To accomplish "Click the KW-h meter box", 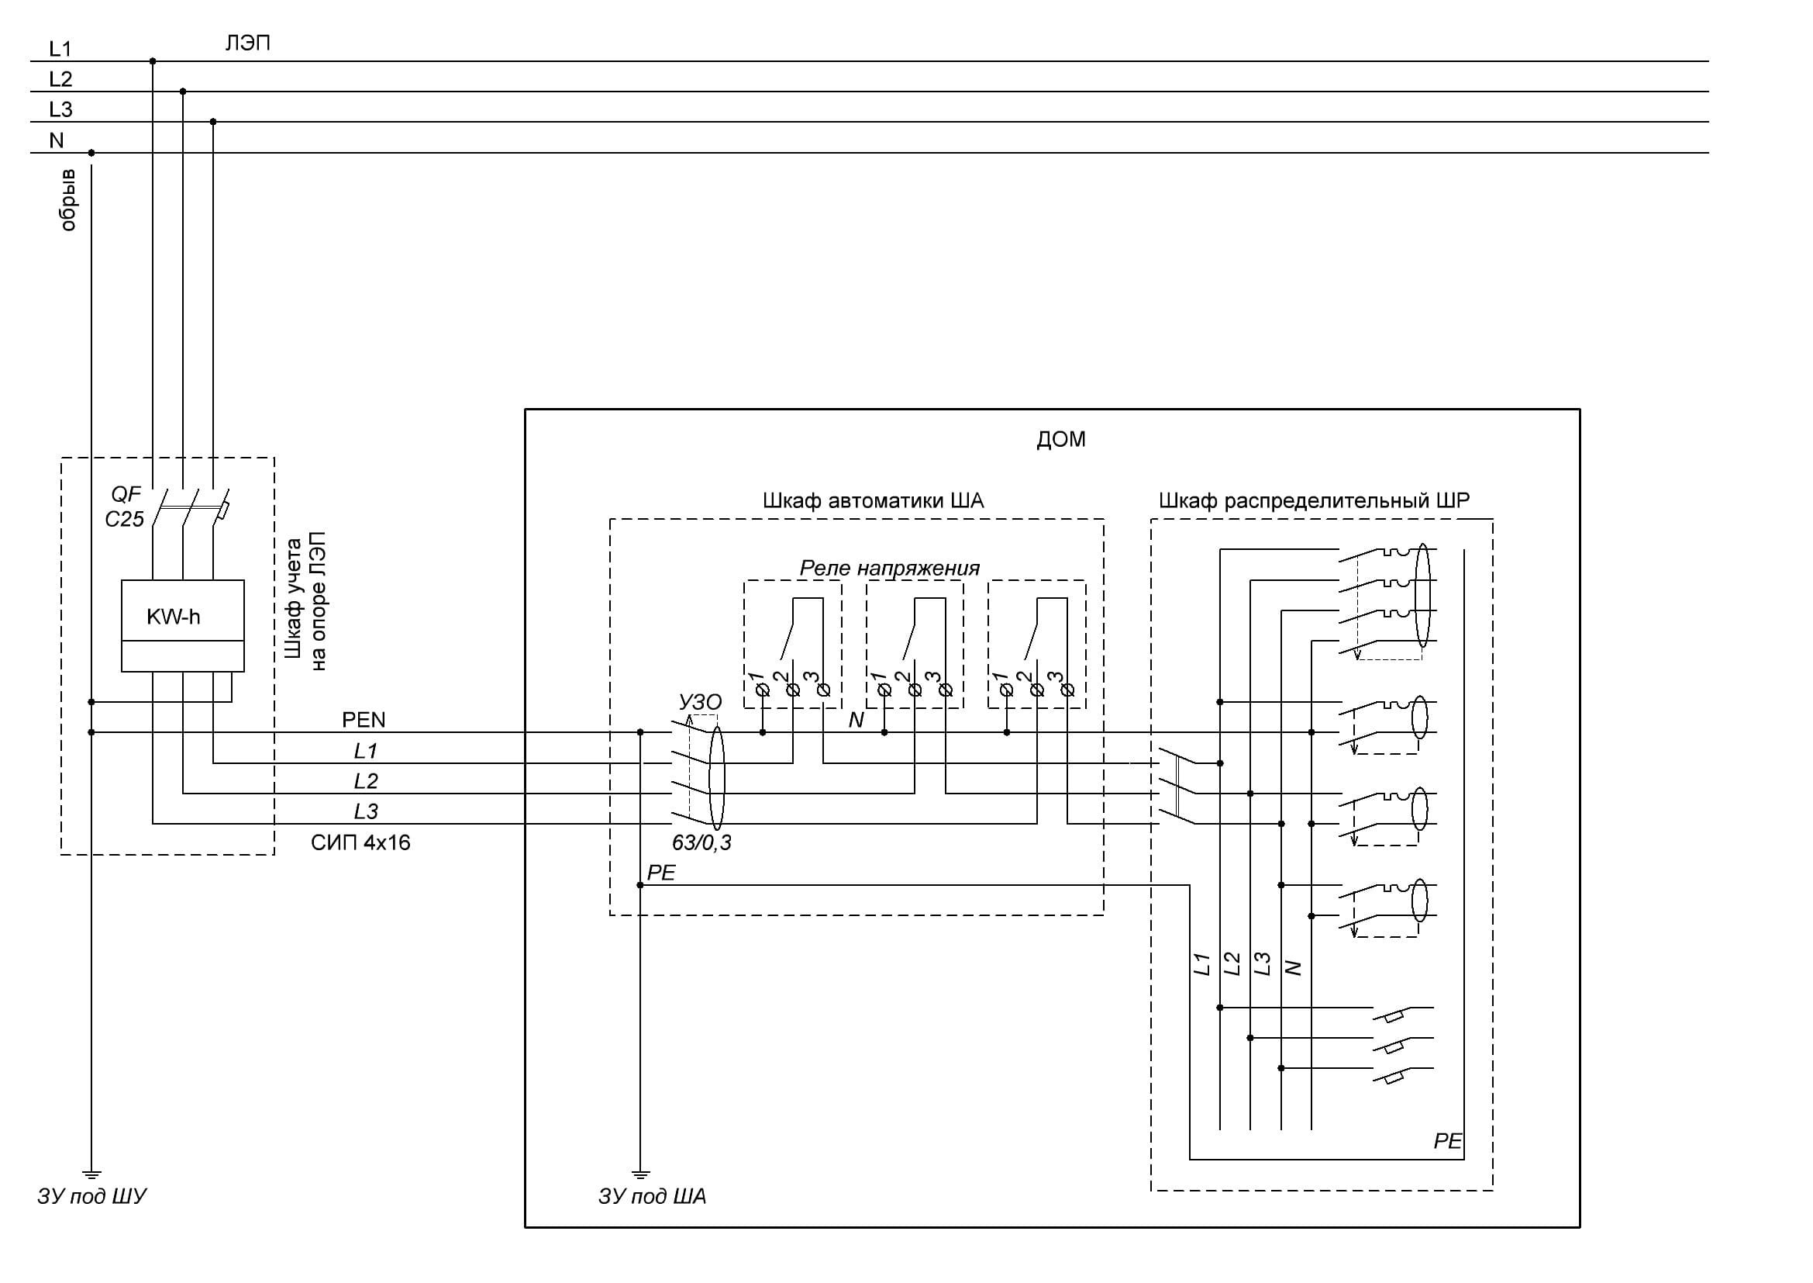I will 182,625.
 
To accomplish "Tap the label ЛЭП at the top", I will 248,43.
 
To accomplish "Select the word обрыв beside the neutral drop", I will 69,199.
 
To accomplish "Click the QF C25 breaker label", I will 125,507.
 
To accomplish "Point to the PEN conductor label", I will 364,720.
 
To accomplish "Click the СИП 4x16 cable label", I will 360,843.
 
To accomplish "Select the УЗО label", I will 700,702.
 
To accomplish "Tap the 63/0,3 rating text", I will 701,843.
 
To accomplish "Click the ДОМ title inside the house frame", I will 1060,439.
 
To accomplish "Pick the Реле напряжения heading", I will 889,568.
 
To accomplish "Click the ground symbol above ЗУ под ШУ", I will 91,1174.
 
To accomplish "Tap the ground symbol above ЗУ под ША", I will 640,1174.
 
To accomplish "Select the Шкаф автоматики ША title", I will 873,501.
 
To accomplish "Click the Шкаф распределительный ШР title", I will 1314,501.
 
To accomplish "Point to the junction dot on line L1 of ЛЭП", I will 153,61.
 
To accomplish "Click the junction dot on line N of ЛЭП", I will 91,153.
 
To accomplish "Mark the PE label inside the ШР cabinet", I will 1447,1141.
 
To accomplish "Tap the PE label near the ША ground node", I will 661,873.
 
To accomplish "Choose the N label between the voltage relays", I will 856,721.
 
